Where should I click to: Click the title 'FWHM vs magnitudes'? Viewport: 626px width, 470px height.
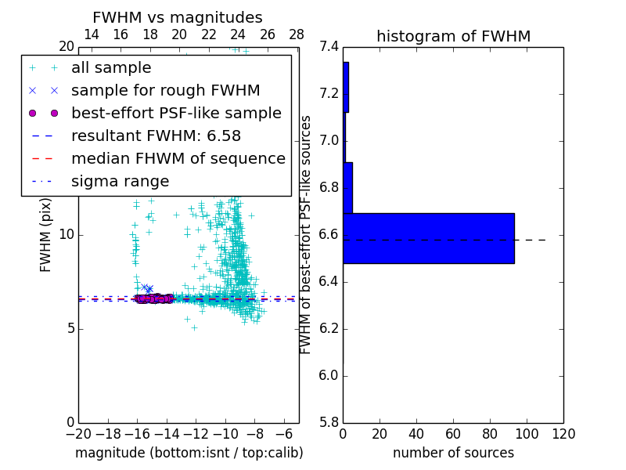177,17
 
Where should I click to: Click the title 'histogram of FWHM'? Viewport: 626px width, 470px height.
453,36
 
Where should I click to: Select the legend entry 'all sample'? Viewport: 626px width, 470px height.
111,68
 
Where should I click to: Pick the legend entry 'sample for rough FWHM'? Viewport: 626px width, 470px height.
165,91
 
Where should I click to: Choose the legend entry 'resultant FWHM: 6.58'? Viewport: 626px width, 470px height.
156,136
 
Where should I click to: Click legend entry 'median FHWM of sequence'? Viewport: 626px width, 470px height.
178,159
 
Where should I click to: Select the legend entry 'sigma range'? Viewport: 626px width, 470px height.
120,182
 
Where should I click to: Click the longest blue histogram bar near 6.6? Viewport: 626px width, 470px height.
428,238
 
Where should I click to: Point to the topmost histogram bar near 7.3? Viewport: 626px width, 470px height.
346,87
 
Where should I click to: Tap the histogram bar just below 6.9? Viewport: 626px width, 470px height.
347,187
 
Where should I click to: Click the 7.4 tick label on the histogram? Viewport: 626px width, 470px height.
329,47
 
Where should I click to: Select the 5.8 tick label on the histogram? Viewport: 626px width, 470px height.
329,422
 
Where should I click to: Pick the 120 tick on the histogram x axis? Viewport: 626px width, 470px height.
563,435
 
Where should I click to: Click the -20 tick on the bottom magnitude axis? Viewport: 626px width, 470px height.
78,435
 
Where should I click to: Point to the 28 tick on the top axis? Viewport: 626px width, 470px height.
297,34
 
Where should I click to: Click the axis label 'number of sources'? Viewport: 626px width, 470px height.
453,453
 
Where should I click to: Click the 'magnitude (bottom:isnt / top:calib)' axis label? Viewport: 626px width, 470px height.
189,453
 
